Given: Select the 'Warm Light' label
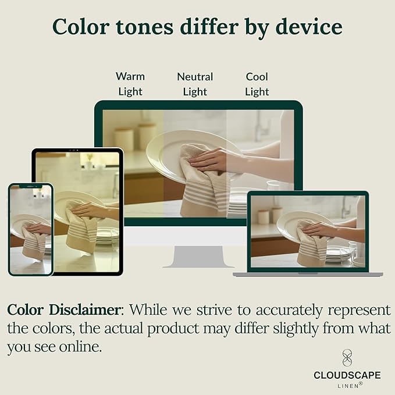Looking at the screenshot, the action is [x=130, y=84].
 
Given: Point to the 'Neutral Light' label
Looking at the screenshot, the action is [x=195, y=84].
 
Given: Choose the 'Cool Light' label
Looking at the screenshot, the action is [x=257, y=84].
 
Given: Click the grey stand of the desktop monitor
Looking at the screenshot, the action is [x=198, y=257].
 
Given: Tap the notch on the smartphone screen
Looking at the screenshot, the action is [x=31, y=186].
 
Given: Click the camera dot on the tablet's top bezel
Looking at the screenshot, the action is [x=77, y=150].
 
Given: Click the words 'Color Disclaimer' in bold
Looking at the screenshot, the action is [x=64, y=309].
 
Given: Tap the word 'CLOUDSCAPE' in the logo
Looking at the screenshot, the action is [x=347, y=375].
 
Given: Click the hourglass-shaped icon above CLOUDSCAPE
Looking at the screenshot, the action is [x=347, y=358].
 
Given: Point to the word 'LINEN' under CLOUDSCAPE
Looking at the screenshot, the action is [x=348, y=386].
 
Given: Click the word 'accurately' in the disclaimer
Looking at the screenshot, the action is [x=289, y=311].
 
